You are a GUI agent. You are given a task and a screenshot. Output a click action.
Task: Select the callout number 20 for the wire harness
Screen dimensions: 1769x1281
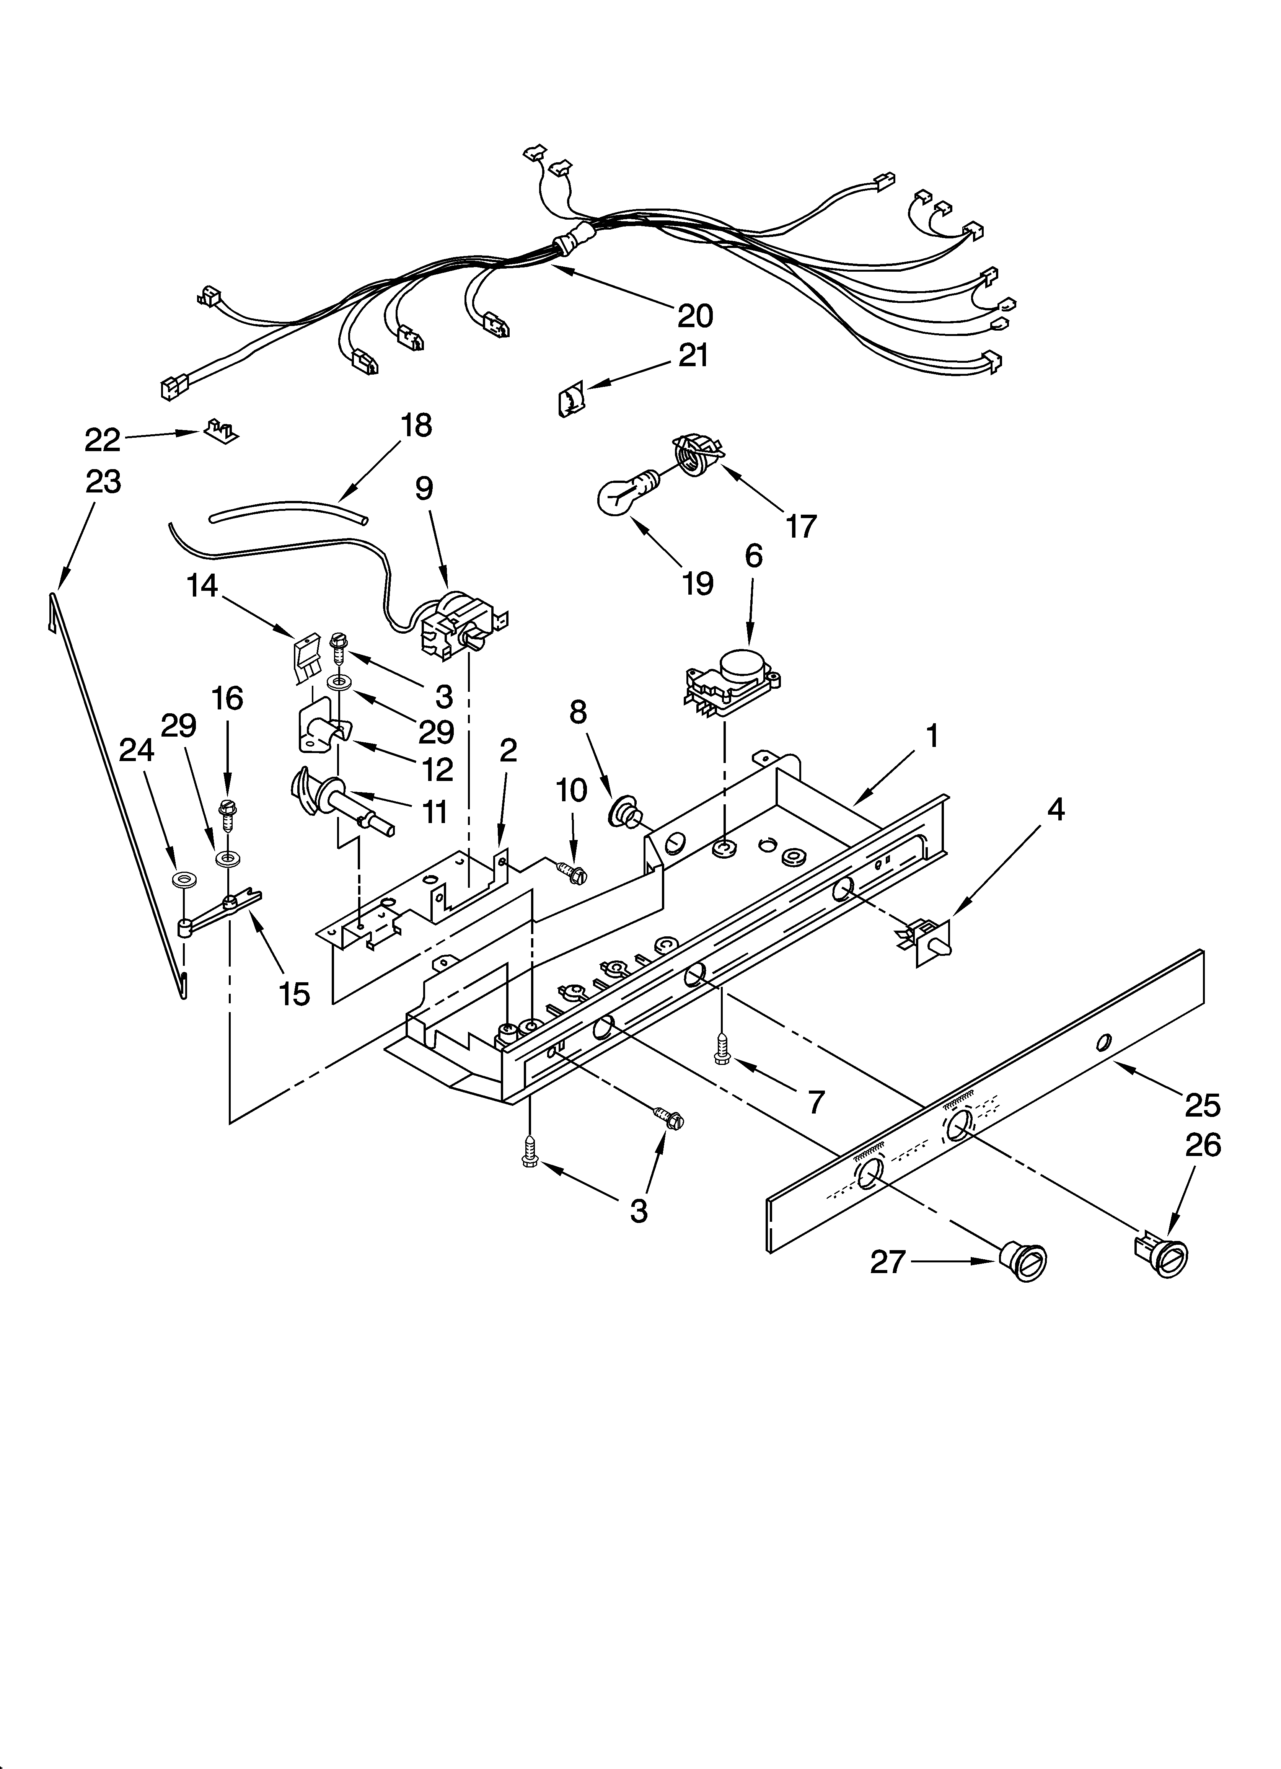[694, 316]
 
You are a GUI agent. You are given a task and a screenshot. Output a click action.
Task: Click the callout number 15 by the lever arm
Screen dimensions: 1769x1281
[294, 994]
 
